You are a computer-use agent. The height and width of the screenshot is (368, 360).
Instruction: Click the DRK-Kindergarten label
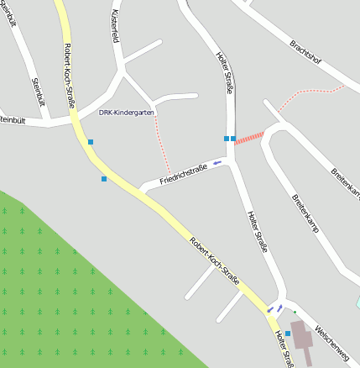[127, 112]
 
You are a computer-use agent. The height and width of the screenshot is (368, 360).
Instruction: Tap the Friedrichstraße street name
[184, 174]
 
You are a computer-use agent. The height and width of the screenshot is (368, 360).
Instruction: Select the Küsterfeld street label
[116, 27]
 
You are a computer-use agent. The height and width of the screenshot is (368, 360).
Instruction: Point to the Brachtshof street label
[305, 53]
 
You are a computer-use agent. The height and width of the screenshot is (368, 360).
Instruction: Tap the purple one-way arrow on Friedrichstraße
[217, 161]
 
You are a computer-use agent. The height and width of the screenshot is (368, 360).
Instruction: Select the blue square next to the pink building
[288, 334]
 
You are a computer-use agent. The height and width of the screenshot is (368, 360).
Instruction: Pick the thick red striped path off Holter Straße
[250, 137]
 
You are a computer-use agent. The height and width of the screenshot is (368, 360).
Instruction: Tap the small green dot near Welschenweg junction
[295, 313]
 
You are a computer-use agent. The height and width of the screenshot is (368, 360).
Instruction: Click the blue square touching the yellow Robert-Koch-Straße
[91, 142]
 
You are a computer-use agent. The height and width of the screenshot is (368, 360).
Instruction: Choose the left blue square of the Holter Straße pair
[226, 138]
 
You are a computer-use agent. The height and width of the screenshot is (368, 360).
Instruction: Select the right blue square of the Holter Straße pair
[233, 138]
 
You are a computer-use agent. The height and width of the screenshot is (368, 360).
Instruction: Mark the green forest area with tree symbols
[67, 286]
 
